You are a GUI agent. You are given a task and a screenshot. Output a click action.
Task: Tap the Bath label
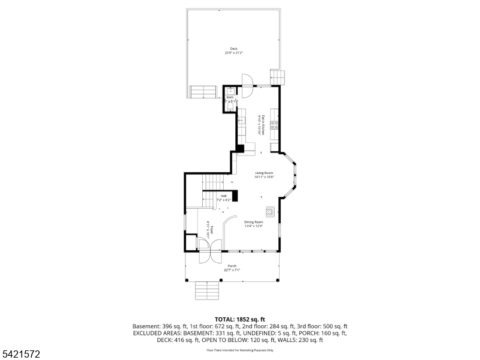[x=230, y=99]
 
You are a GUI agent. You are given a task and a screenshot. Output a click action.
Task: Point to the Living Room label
[x=264, y=175]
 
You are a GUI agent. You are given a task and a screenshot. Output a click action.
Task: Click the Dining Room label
[x=254, y=224]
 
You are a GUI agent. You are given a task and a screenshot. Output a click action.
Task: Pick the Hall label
[x=223, y=197]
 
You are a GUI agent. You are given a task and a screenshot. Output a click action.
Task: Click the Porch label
[x=232, y=268]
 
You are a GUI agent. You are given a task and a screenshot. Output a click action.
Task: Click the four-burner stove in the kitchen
[x=274, y=125]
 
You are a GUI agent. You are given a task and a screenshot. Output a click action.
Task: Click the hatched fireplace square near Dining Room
[x=271, y=211]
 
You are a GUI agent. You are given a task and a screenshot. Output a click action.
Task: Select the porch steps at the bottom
[x=206, y=291]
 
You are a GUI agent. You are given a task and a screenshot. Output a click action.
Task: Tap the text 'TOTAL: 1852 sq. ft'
[x=239, y=319]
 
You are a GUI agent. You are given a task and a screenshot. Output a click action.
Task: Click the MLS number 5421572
[x=21, y=355]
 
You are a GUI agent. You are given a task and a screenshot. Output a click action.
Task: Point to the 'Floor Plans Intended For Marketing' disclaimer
[x=239, y=350]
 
